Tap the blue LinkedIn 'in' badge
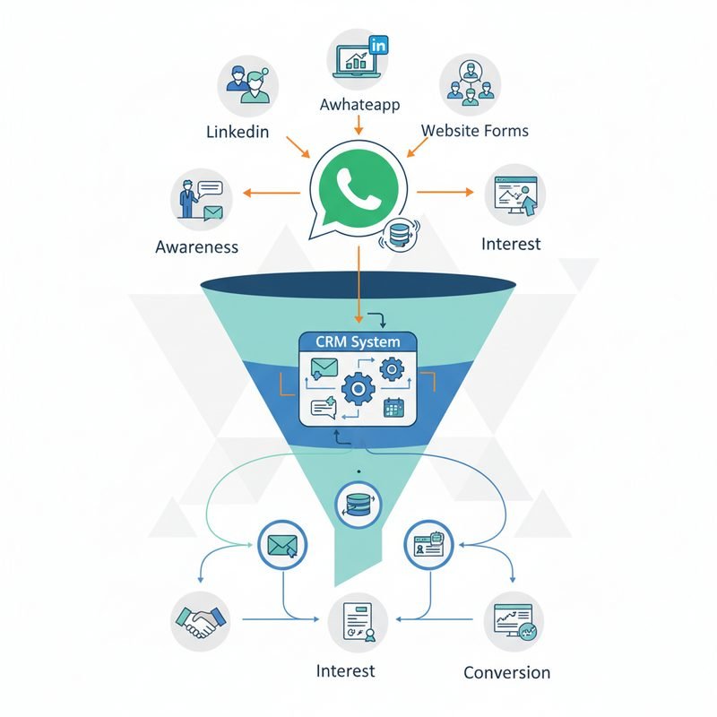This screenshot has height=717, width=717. (x=379, y=45)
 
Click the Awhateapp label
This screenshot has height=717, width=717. (x=358, y=104)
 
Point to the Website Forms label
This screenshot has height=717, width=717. (x=475, y=131)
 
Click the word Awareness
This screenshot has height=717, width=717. (x=197, y=246)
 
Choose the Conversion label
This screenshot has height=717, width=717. (x=507, y=672)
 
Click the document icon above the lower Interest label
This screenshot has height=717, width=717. (x=357, y=622)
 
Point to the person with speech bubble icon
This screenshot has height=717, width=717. (x=202, y=199)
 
